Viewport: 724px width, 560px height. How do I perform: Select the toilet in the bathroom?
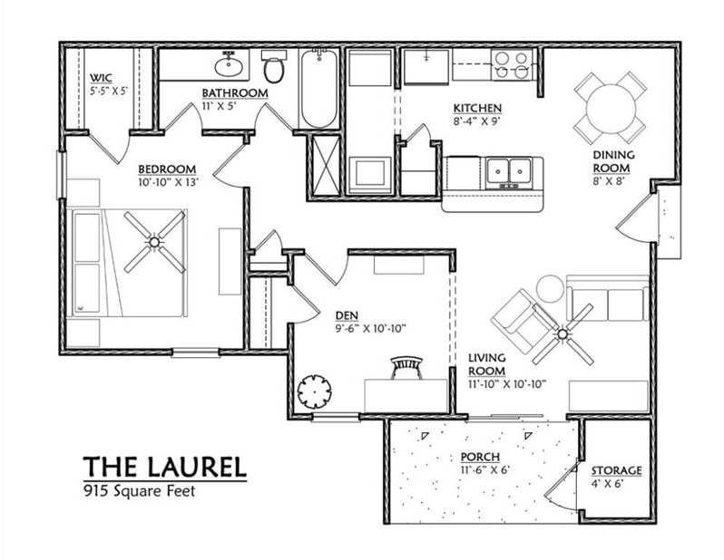tap(272, 65)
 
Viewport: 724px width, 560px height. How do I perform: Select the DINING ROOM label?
tap(613, 161)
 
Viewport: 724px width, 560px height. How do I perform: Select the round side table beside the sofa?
tap(550, 288)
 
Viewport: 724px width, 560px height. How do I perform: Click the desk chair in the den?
tap(406, 366)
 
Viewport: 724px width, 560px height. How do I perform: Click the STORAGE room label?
tap(616, 471)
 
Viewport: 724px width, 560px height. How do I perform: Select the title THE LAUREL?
tap(164, 467)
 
